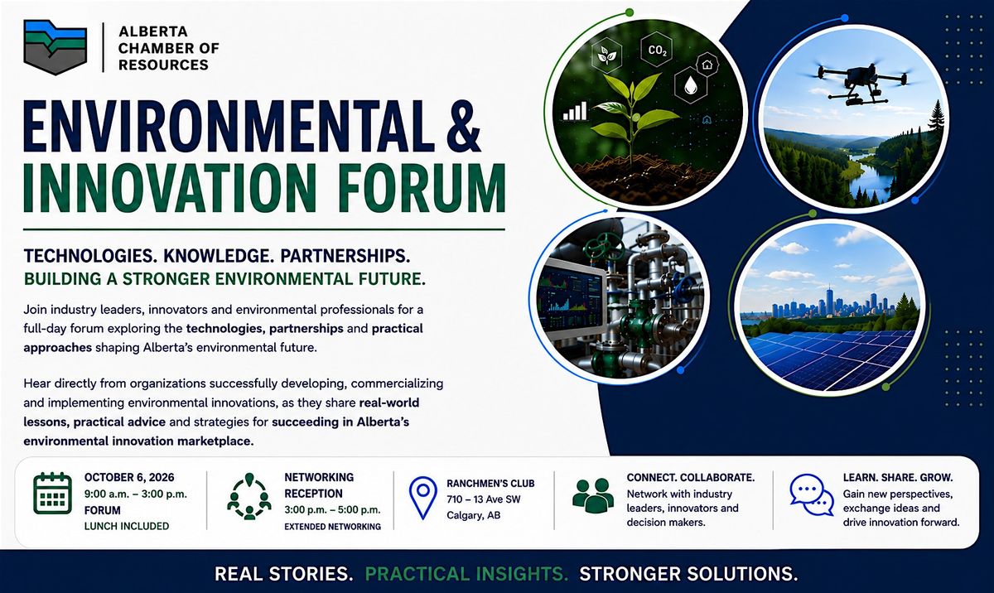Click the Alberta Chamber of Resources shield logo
coord(55,47)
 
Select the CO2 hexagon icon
coord(657,50)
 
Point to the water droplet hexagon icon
coord(690,85)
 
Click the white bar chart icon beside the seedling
coord(575,111)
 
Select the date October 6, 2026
coord(129,477)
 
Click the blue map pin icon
coord(423,498)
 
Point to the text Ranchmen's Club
coord(490,484)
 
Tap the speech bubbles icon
coord(812,495)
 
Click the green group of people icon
coord(593,495)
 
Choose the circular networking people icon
coord(249,497)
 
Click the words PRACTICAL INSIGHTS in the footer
coord(466,574)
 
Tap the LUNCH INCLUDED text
coord(127,526)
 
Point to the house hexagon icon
coord(707,65)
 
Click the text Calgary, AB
coord(473,515)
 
